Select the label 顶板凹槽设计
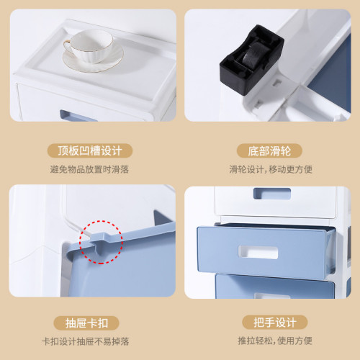(x=90, y=151)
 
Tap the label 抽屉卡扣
(x=90, y=321)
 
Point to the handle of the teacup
(x=66, y=50)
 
